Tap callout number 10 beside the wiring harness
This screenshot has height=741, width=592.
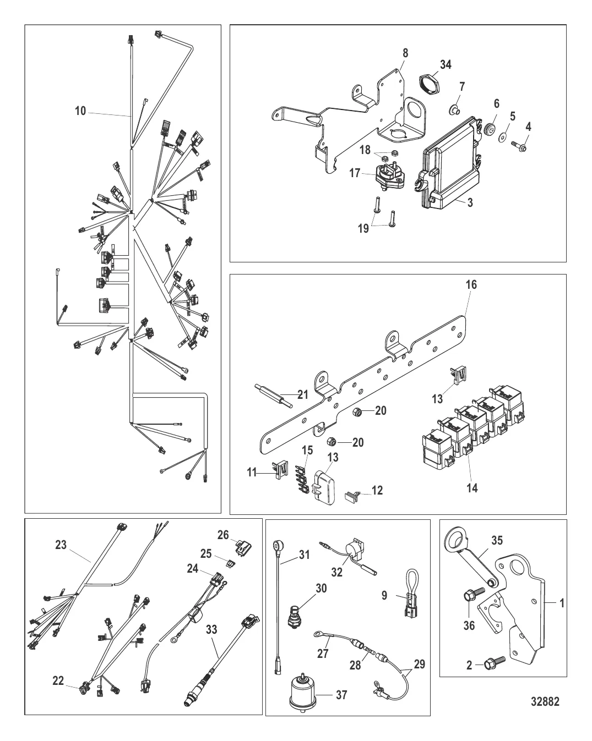coord(80,111)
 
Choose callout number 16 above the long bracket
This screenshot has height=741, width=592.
coord(471,284)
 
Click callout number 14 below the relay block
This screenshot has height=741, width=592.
coord(472,487)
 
